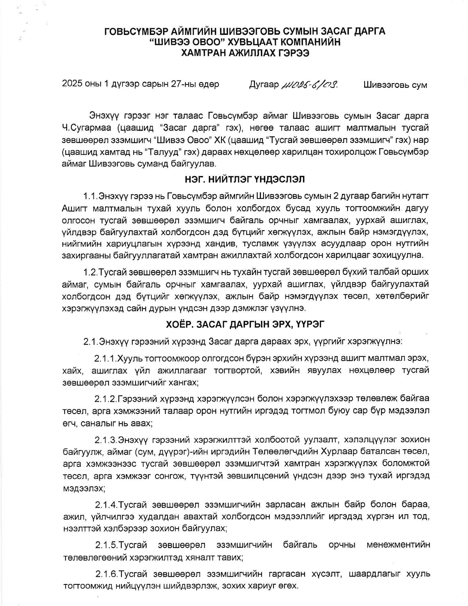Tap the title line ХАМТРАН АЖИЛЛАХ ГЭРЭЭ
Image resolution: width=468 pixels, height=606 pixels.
245,53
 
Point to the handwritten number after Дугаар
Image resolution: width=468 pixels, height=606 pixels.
310,84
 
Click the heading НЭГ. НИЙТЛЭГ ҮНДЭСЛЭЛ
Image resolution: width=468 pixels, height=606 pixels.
245,179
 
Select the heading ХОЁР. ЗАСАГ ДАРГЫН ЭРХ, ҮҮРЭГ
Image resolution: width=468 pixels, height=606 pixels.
245,324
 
